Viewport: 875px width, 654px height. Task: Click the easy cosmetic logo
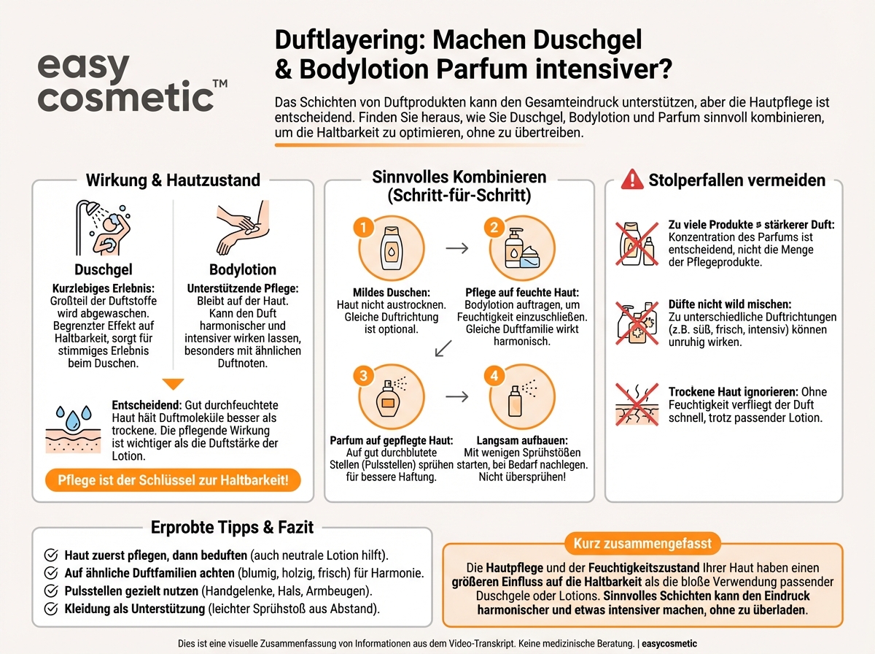click(x=131, y=82)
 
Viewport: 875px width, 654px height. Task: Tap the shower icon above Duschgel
click(x=101, y=228)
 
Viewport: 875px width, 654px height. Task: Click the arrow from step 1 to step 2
click(x=456, y=248)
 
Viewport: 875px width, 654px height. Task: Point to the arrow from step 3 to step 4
click(x=456, y=397)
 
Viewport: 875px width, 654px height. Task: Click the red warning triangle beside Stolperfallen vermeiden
click(x=631, y=180)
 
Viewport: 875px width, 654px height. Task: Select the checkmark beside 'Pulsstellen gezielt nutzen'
click(x=52, y=590)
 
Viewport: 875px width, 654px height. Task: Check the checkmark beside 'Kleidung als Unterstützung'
click(x=52, y=608)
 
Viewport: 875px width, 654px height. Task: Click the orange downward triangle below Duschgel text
click(x=173, y=384)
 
